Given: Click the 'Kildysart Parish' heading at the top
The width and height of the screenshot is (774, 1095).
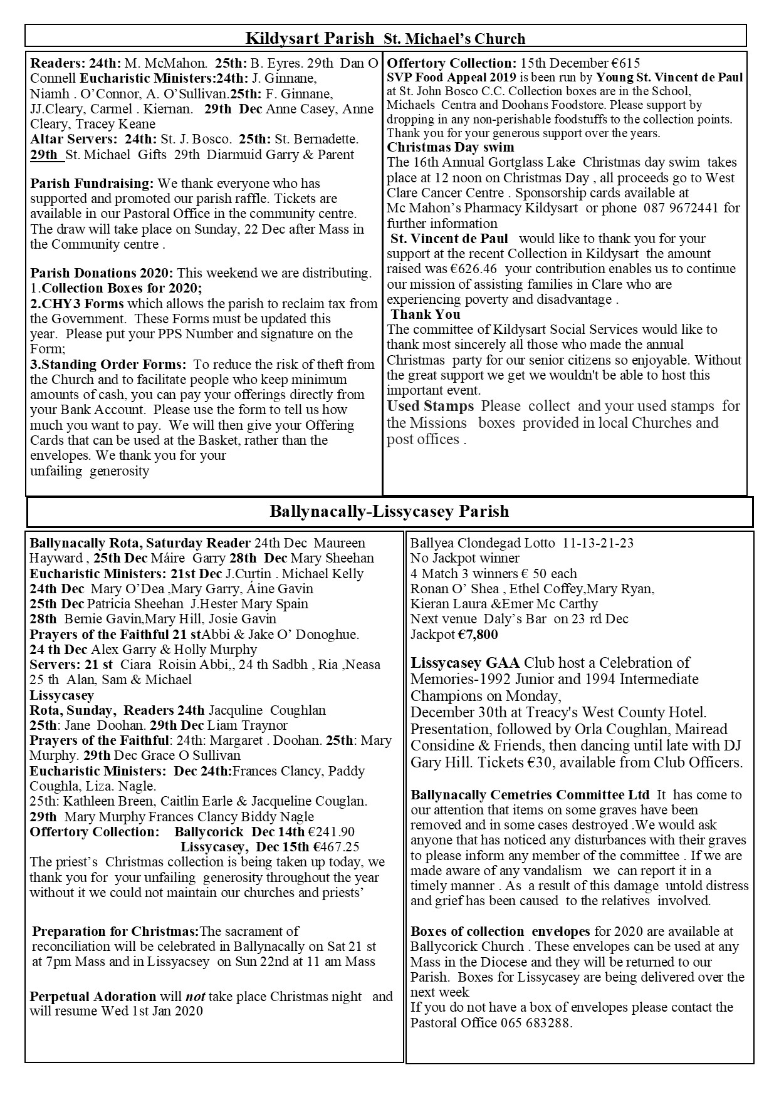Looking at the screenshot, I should coord(309,39).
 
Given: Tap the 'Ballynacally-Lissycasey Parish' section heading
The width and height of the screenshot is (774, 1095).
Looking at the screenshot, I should coord(389,512).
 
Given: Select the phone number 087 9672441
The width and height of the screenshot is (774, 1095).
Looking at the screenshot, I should coord(685,208).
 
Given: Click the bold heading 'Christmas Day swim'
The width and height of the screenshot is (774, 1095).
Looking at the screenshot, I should coord(450,147).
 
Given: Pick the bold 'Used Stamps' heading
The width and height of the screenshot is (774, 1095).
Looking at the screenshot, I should coord(430,406).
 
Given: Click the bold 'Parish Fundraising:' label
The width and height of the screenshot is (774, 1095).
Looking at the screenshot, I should coord(92,184).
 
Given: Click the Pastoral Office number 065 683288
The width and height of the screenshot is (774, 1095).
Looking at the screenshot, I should coord(535,1023).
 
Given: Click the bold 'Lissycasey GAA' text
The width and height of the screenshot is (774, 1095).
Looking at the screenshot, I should coord(455,663).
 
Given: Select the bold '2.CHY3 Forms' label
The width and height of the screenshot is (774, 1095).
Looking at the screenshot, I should coord(77,304).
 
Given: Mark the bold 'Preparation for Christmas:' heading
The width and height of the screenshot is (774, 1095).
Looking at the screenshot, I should coord(115,932).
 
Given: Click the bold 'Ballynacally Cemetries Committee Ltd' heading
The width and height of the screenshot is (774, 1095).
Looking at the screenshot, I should coord(530,795).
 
